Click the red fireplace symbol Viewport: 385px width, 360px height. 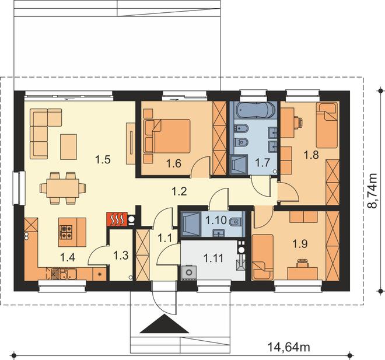117,219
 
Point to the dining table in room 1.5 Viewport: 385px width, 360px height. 63,188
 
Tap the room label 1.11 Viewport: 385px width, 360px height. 213,258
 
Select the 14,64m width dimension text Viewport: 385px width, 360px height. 289,347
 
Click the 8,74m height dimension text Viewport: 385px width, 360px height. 373,191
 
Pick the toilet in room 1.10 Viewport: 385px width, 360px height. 235,222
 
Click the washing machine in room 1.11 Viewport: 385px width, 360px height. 189,272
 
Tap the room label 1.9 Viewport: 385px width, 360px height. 300,244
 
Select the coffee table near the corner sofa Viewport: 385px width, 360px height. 69,146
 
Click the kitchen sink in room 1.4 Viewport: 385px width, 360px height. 68,273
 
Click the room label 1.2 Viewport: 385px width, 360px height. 179,191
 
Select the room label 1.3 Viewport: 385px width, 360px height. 121,256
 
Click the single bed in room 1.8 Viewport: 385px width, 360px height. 327,125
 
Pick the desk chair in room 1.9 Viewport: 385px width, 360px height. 303,263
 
